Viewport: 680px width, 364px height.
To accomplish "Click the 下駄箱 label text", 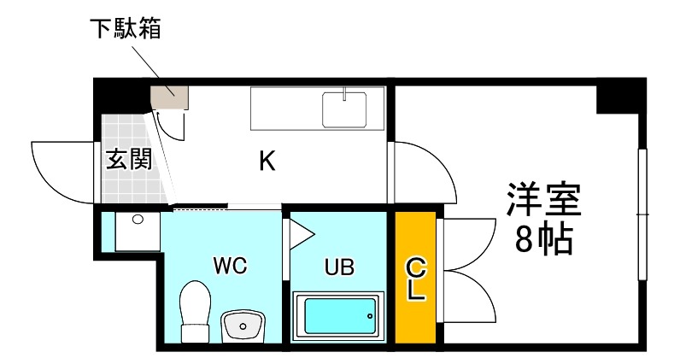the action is pos(126,28).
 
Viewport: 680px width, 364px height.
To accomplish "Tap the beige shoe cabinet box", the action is pos(169,97).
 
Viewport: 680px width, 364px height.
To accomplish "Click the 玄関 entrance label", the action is pos(129,159).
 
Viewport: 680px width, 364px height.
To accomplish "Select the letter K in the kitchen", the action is pos(267,161).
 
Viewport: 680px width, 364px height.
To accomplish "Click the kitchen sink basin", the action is pos(344,109).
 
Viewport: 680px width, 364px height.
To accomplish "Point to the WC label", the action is pos(231,265).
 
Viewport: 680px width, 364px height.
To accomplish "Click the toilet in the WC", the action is pos(195,312).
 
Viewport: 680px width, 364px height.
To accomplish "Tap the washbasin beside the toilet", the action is pos(243,326).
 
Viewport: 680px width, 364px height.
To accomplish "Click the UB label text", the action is pos(339,267).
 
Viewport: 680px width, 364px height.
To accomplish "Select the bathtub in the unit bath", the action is pos(338,316).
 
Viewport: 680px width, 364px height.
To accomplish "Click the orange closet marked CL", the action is pos(415,278).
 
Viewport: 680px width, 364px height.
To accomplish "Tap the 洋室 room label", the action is pos(544,200).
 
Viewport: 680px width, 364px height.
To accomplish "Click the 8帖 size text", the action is pos(544,239).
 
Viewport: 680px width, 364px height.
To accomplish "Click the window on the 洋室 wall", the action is pos(642,214).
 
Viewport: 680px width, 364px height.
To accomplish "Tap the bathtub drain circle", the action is pos(370,316).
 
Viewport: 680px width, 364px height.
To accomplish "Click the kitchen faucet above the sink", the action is pos(344,94).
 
